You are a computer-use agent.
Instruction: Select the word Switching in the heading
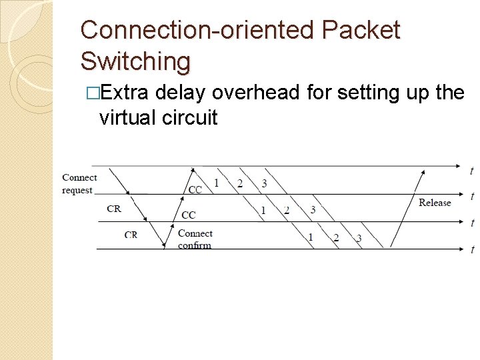click(135, 61)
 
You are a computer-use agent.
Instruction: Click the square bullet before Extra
click(92, 93)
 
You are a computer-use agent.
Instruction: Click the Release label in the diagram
click(435, 203)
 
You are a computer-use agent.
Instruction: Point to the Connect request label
click(79, 184)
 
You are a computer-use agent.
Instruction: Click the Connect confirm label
click(195, 239)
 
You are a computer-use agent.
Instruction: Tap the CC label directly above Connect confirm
click(189, 215)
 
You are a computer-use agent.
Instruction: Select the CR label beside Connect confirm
click(131, 235)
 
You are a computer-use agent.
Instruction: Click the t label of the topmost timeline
click(472, 171)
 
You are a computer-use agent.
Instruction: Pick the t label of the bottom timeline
click(472, 250)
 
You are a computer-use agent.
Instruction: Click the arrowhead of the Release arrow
click(422, 172)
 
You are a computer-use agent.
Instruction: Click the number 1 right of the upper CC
click(216, 183)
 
